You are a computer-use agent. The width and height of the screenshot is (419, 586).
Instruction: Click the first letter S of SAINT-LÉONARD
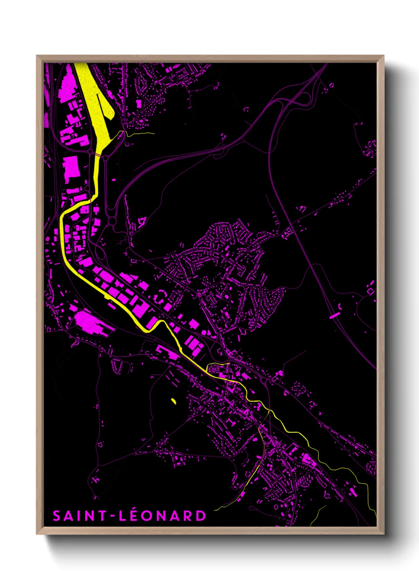coord(57,516)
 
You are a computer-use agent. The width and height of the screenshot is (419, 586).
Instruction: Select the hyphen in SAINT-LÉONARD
coord(113,516)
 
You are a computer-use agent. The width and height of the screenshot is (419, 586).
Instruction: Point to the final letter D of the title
coord(201,516)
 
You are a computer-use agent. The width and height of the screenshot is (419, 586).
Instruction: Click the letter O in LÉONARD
coord(149,516)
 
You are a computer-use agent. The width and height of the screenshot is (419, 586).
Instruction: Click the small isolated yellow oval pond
coord(173,401)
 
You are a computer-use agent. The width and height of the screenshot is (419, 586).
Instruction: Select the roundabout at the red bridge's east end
coord(106,158)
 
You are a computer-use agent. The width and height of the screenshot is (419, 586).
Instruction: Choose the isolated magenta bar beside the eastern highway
coord(335,316)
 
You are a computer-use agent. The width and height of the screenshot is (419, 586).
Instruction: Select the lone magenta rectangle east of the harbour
coord(139,104)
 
